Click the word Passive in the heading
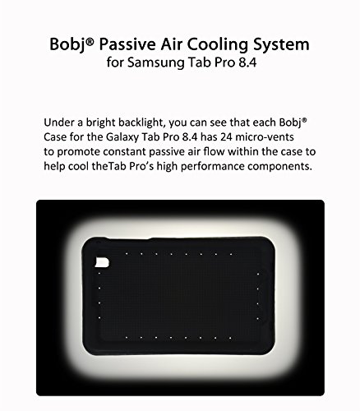point(127,44)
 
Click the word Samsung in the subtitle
point(156,62)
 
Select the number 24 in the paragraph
point(226,136)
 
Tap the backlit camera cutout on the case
point(102,262)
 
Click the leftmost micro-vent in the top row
point(127,254)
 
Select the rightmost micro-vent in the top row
point(231,254)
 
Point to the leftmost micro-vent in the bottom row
point(127,338)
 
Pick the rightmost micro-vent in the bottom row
point(230,338)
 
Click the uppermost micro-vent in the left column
point(99,273)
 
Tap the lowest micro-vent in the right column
point(258,319)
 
